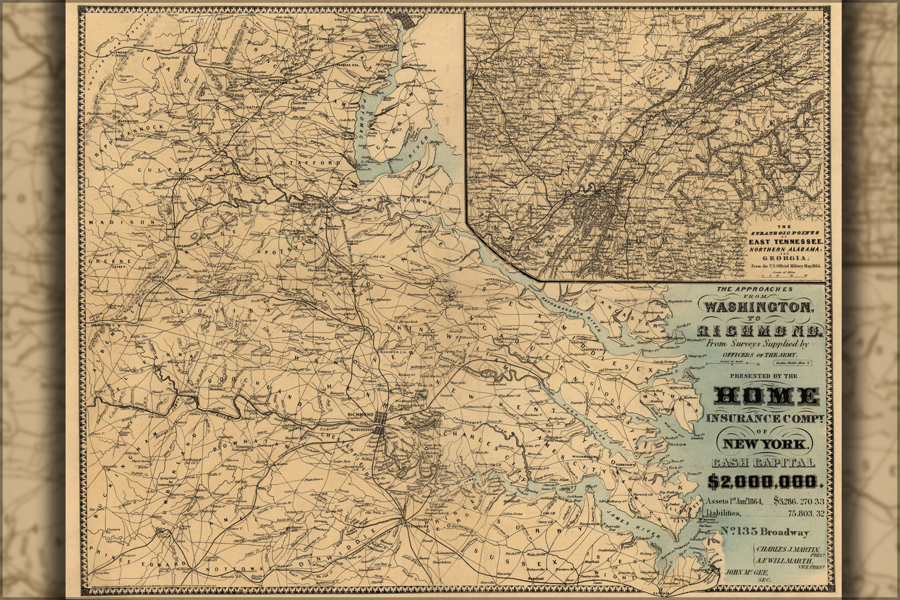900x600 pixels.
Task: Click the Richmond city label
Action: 361,415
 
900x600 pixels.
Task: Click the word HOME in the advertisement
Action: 767,396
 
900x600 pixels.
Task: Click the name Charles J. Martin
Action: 788,549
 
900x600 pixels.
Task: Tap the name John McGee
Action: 746,572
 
